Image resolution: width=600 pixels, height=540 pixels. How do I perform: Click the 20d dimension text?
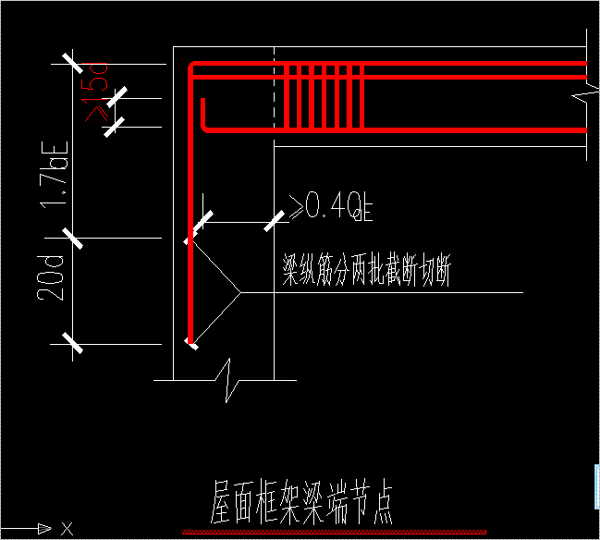coord(51,276)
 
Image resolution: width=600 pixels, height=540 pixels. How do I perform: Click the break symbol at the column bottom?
coord(228,378)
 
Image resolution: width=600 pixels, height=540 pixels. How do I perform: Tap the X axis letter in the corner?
coord(67,529)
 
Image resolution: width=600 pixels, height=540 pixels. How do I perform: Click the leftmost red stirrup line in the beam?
coord(288,97)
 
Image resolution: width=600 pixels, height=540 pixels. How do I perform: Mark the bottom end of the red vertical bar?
coord(190,341)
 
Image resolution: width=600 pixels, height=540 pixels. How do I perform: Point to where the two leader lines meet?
coord(241,293)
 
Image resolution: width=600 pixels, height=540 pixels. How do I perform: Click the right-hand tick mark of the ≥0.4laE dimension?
coord(275,222)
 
